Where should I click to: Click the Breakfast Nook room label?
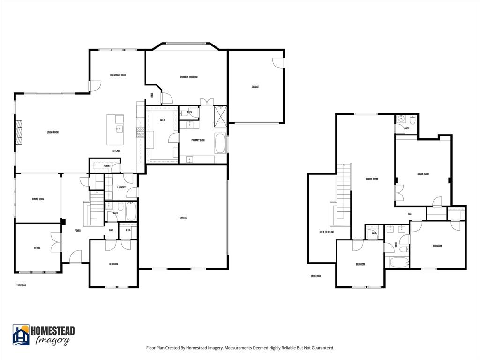[118, 75]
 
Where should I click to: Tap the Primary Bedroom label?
[189, 77]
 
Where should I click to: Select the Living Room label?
[52, 132]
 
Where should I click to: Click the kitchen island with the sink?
[115, 130]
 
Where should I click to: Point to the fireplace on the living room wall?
[19, 133]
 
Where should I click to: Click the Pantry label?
[107, 165]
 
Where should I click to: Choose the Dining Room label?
[38, 199]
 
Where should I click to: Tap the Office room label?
[37, 248]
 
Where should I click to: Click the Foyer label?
[77, 231]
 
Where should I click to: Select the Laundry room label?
[121, 187]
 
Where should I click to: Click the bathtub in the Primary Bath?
[220, 143]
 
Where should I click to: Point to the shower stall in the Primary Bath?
[220, 116]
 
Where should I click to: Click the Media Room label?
[423, 174]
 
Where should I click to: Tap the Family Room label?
[372, 179]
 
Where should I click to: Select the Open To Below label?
[326, 232]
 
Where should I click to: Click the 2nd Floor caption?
[315, 276]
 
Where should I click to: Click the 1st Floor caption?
[21, 285]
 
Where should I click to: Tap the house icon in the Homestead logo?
[21, 335]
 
